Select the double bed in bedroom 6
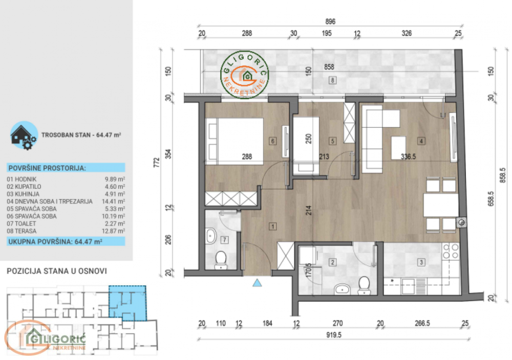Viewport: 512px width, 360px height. [x=234, y=142]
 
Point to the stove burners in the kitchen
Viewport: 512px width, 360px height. [x=451, y=251]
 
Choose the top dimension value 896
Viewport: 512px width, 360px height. [x=330, y=21]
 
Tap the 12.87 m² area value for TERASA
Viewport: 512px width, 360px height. [x=116, y=231]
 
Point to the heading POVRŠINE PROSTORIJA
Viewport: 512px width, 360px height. [x=47, y=168]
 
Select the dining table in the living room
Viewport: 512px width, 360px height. [x=441, y=205]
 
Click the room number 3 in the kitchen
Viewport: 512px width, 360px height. [x=421, y=263]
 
